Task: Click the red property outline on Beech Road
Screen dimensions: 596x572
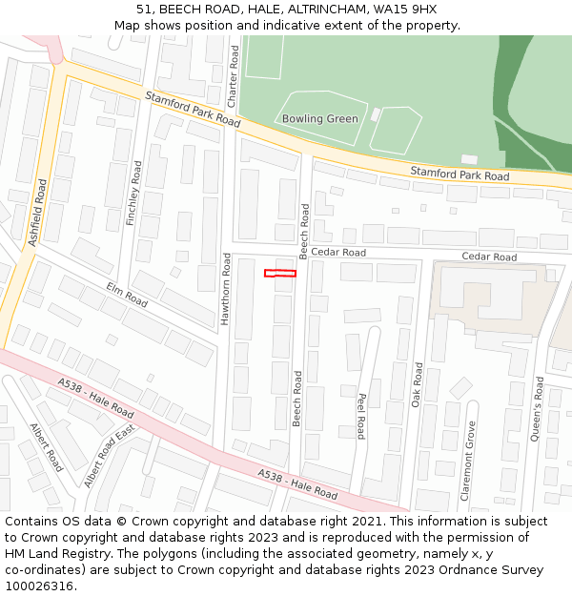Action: point(280,274)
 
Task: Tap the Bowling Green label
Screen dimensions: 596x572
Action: point(320,119)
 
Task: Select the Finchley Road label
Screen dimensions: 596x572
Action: point(135,194)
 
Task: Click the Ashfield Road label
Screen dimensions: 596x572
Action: point(37,214)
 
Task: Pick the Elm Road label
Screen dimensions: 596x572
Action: point(127,295)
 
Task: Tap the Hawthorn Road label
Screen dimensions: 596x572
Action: point(226,289)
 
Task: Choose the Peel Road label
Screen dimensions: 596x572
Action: point(361,417)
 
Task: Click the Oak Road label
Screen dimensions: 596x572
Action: point(417,384)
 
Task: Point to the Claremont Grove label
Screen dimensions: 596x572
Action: point(468,462)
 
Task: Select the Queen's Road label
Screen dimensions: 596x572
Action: point(539,407)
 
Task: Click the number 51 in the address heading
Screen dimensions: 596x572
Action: point(144,10)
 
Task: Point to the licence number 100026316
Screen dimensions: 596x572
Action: point(39,586)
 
